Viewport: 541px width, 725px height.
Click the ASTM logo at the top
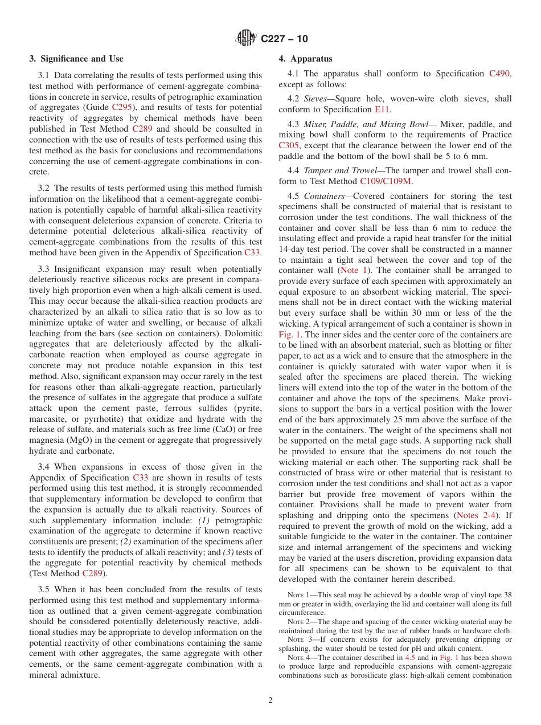pyautogui.click(x=247, y=39)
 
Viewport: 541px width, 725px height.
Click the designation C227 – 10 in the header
pyautogui.click(x=284, y=39)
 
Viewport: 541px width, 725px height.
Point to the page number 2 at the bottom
pyautogui.click(x=270, y=700)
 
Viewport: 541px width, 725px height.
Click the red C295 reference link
pyautogui.click(x=122, y=107)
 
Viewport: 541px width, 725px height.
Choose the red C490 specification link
pyautogui.click(x=500, y=74)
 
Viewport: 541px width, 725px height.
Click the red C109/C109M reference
pyautogui.click(x=386, y=181)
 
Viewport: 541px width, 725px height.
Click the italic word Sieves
pyautogui.click(x=318, y=99)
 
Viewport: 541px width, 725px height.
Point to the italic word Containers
pyautogui.click(x=323, y=196)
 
